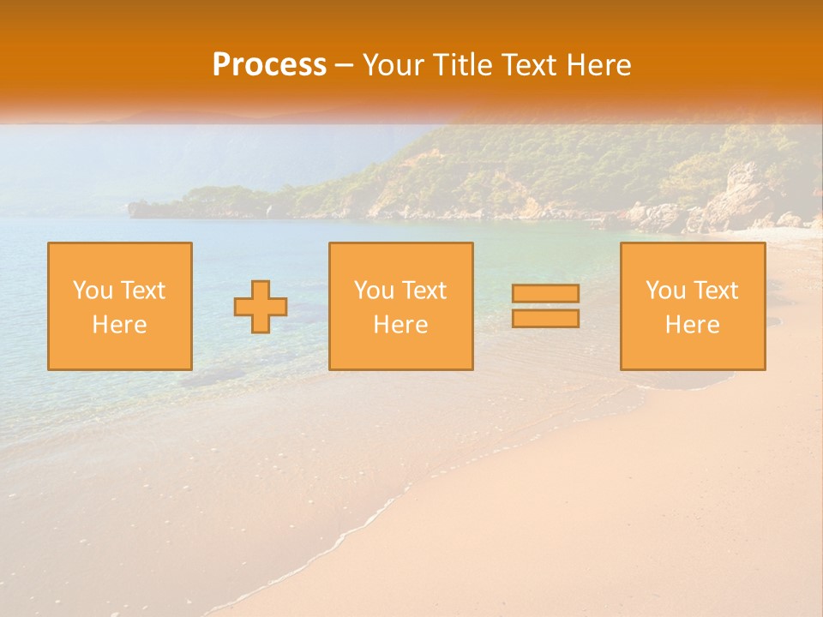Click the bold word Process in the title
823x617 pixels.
point(269,65)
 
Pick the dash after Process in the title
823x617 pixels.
point(345,66)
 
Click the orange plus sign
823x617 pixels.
point(261,307)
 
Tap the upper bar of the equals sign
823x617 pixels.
point(545,293)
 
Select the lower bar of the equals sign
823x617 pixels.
point(545,319)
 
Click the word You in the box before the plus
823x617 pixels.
point(93,291)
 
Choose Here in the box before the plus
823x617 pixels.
point(119,325)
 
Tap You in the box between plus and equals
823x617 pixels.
point(374,291)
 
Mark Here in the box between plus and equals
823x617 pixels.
point(400,325)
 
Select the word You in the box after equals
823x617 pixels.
point(665,291)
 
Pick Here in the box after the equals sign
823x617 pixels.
point(692,325)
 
